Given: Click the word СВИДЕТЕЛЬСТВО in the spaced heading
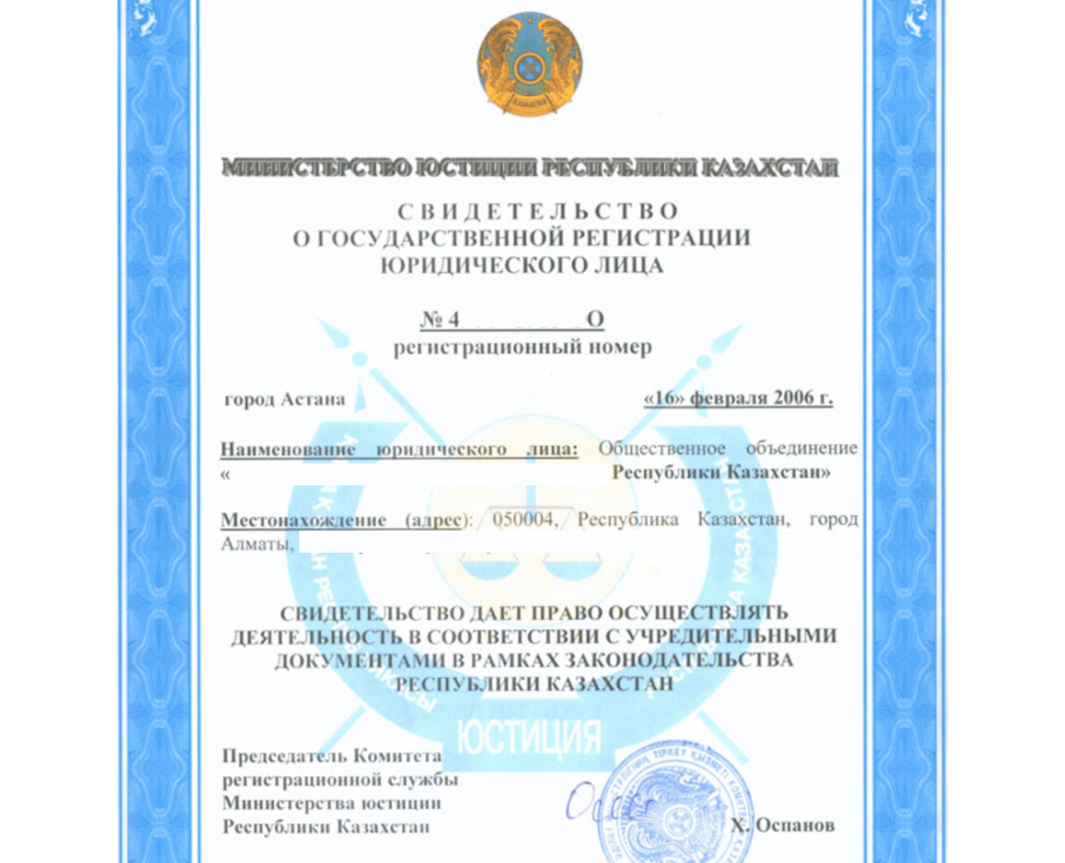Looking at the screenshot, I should (538, 212).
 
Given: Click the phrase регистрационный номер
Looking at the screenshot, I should (523, 347).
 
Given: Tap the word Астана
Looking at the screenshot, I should (313, 399).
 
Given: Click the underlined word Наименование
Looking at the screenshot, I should (288, 449).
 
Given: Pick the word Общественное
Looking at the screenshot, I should (661, 448).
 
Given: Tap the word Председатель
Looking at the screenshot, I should (285, 756).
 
